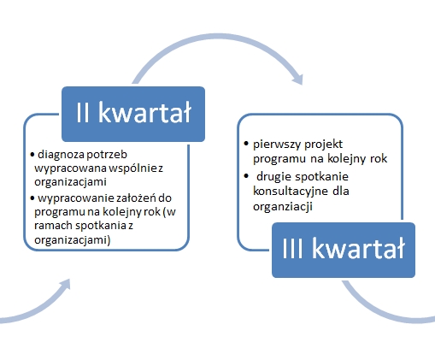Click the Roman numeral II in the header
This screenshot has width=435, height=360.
[x=83, y=113]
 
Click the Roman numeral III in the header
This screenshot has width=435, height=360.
[x=292, y=249]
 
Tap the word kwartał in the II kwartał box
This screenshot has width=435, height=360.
[x=144, y=112]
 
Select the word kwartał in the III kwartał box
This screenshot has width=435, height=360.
[x=358, y=248]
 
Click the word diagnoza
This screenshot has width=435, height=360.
[x=61, y=155]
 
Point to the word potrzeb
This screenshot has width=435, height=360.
[x=107, y=155]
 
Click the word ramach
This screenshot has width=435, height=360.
[x=53, y=226]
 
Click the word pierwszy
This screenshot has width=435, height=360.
[x=277, y=145]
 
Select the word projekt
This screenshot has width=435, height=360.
[x=323, y=145]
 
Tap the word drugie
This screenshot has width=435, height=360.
[x=274, y=177]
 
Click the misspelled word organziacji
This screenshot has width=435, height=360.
[x=283, y=206]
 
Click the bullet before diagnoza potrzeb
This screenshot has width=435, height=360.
[x=32, y=155]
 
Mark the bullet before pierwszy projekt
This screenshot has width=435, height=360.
[x=246, y=144]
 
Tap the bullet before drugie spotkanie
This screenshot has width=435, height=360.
[x=246, y=176]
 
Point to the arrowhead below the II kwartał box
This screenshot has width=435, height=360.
[x=65, y=285]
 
